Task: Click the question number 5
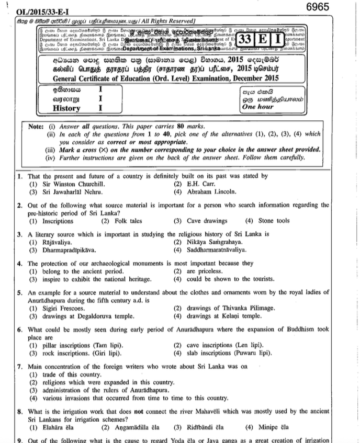[x=19, y=293]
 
